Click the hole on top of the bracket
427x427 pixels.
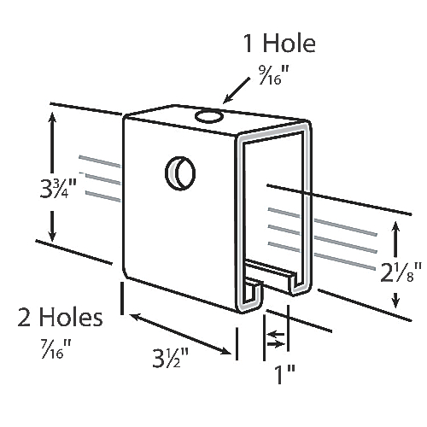pos(208,115)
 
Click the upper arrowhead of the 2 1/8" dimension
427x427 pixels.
pos(395,224)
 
